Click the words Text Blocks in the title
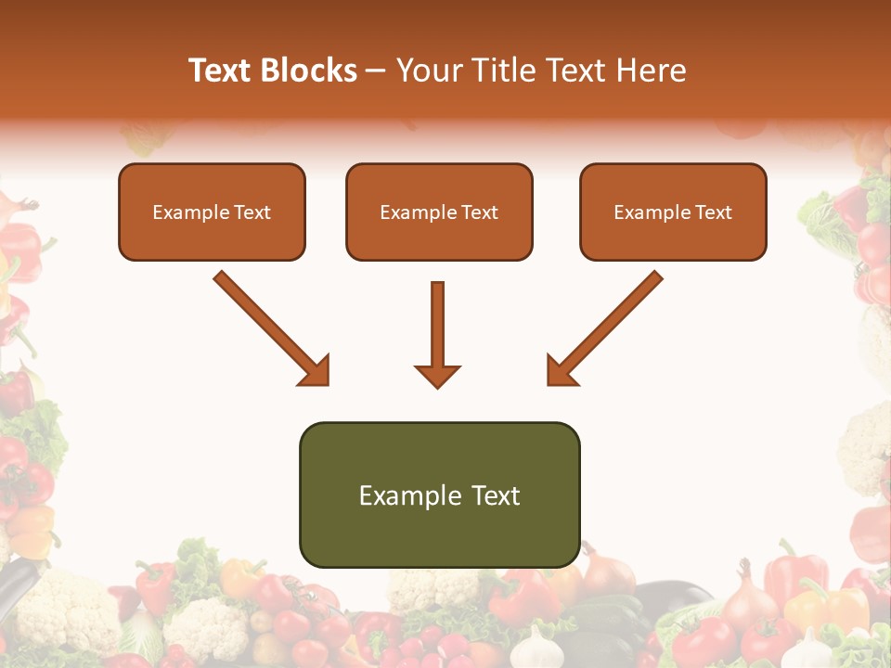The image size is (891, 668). (273, 71)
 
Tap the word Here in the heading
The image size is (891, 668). (652, 71)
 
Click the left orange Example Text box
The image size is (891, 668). (212, 212)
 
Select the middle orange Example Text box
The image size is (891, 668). (439, 212)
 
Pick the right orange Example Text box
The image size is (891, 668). (673, 212)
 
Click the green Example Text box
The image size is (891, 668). (439, 495)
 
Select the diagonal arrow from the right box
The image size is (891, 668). (605, 327)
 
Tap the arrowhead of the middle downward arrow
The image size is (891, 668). (437, 375)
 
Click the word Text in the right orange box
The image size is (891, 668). (712, 212)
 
